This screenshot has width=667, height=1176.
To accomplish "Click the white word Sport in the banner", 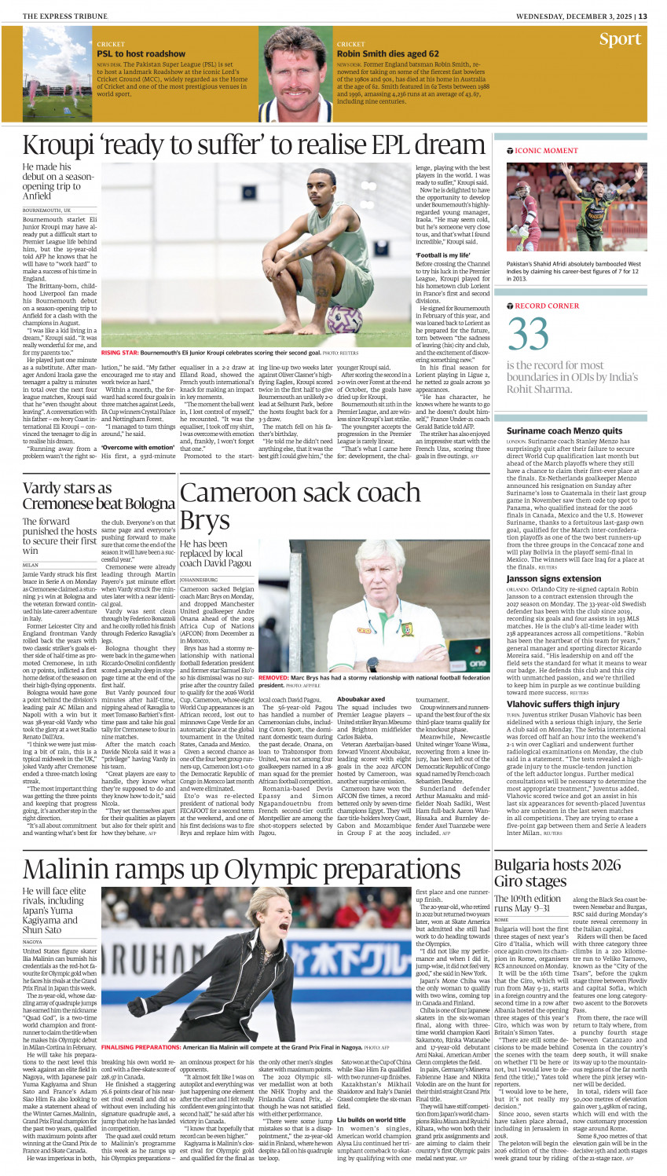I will [620, 39].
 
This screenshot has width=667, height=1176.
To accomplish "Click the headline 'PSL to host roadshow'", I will [130, 53].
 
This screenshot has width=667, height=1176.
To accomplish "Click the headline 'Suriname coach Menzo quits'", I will [564, 430].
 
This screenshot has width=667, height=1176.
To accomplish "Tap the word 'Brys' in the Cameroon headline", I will [204, 521].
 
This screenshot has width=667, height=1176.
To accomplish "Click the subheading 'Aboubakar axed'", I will [361, 698].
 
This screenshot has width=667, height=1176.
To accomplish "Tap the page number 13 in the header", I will [643, 16].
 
